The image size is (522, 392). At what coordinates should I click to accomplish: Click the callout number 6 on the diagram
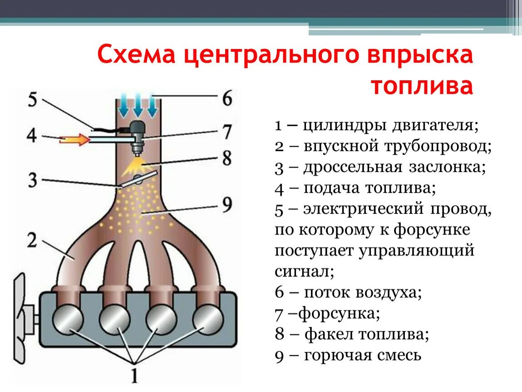(x=227, y=98)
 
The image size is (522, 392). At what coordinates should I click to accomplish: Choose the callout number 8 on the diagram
(x=227, y=158)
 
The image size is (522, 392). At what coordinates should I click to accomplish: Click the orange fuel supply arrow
(x=75, y=140)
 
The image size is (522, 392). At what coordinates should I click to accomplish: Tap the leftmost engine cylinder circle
(x=68, y=318)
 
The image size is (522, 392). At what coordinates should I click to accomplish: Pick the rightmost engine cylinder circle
(x=208, y=318)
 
